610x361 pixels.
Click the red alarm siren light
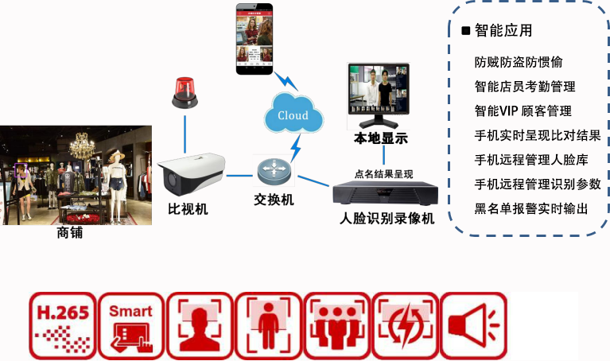point(184,91)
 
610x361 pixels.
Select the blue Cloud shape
point(293,115)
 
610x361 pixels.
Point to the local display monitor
point(378,95)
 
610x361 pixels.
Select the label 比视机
point(188,209)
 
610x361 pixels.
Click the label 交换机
point(274,200)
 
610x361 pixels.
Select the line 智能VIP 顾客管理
point(523,111)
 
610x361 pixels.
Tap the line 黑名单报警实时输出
point(531,208)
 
